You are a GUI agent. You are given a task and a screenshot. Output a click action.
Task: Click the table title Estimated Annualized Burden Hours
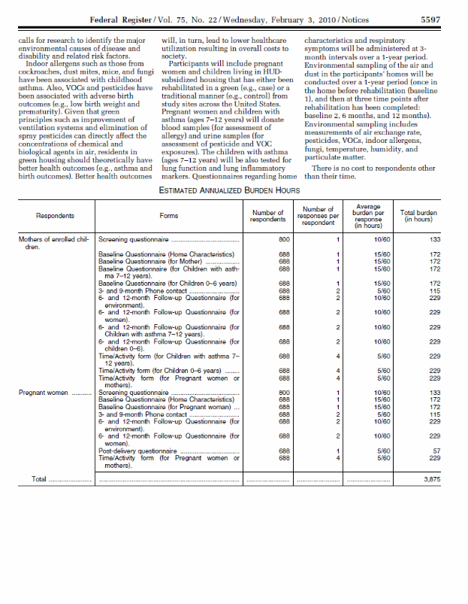pos(233,190)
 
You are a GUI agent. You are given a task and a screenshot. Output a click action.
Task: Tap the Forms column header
pos(168,216)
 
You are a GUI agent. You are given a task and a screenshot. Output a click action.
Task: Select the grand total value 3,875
pos(430,478)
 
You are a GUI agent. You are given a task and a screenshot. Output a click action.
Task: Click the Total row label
pos(38,478)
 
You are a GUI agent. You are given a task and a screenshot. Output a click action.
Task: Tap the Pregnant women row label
pos(44,392)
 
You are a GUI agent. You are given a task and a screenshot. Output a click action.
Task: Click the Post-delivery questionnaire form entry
pos(140,451)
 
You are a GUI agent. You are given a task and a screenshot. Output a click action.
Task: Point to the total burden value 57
pos(434,451)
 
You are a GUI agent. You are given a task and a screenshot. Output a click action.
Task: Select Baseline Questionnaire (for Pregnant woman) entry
pos(165,407)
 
